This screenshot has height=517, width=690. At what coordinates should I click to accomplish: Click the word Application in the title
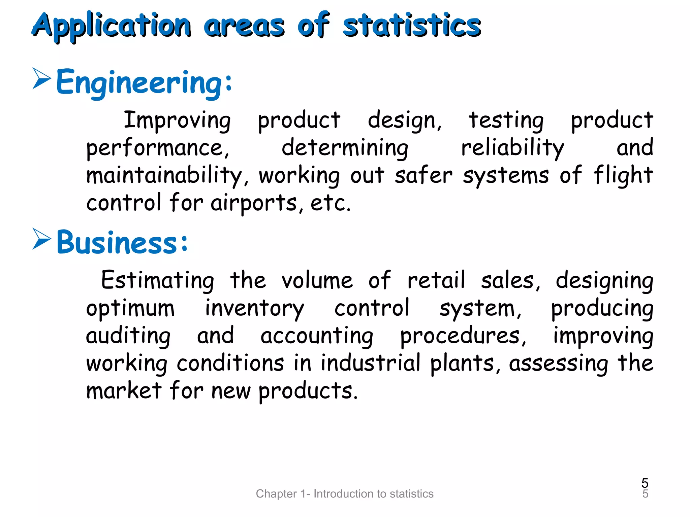[x=112, y=26]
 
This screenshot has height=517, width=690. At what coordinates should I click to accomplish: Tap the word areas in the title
[x=244, y=26]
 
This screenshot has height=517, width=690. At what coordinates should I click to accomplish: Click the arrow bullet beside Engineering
[x=42, y=78]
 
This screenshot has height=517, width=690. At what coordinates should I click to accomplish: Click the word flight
[x=623, y=175]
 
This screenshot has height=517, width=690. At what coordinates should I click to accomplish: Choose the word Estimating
[x=158, y=281]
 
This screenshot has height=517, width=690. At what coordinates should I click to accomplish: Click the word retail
[x=437, y=280]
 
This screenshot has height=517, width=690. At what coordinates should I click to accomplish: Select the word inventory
[x=254, y=308]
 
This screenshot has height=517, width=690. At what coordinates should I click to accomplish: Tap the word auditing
[x=128, y=336]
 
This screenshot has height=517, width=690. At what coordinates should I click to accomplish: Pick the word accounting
[x=317, y=336]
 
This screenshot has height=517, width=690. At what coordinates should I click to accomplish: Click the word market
[x=124, y=390]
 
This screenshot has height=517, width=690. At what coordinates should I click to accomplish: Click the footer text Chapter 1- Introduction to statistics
[x=345, y=493]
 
